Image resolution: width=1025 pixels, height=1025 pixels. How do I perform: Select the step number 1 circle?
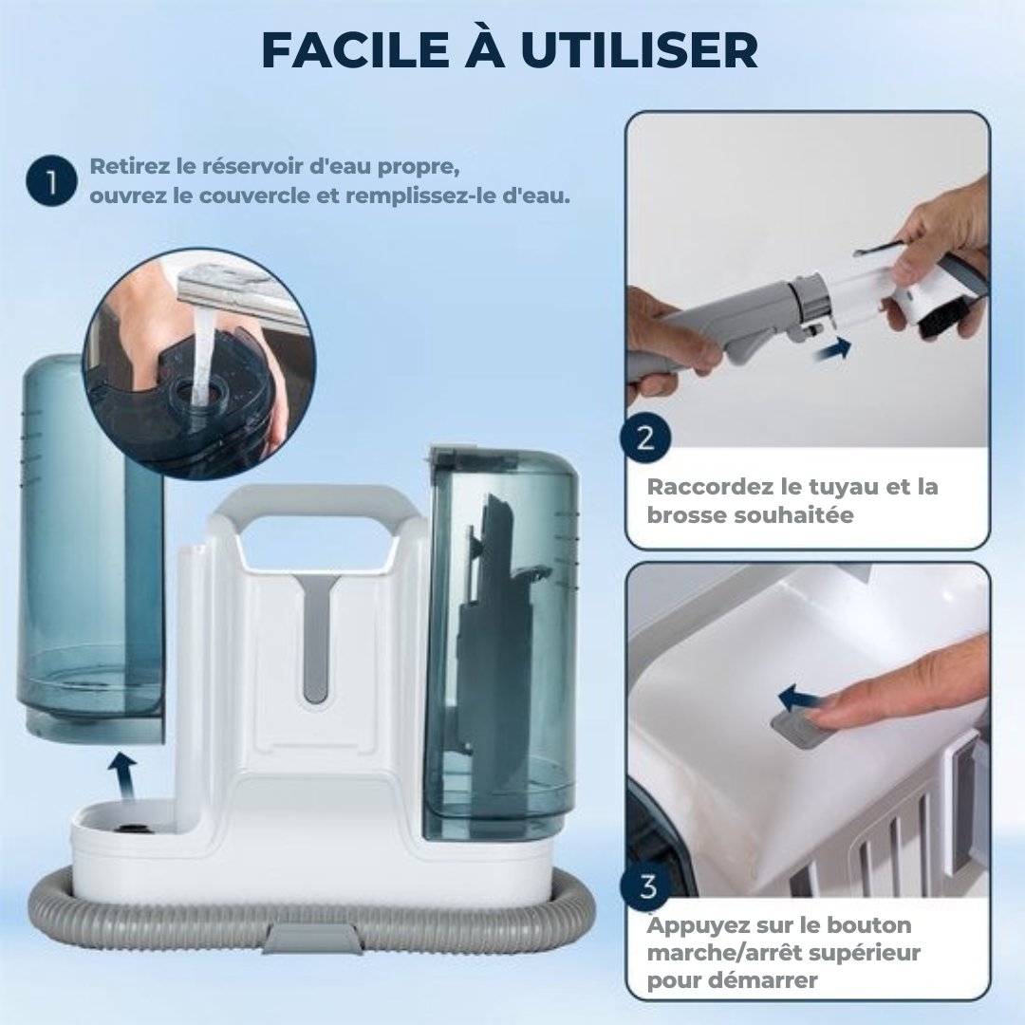(52, 183)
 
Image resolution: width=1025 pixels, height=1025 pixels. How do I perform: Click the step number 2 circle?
(646, 438)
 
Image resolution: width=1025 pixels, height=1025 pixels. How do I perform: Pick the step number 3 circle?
(648, 888)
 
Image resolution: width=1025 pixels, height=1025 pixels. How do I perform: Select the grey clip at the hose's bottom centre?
(312, 939)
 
